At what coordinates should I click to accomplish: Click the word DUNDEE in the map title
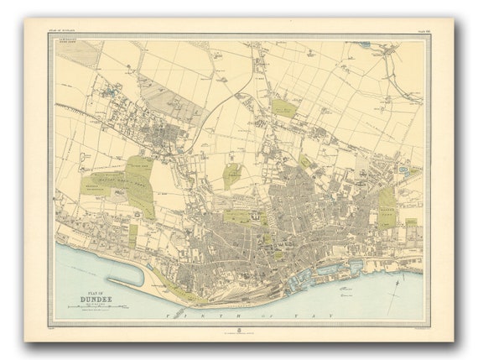(x=87, y=295)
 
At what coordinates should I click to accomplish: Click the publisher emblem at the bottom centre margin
(x=239, y=330)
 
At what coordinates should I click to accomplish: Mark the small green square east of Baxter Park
(x=411, y=225)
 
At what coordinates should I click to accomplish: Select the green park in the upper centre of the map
(x=283, y=107)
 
